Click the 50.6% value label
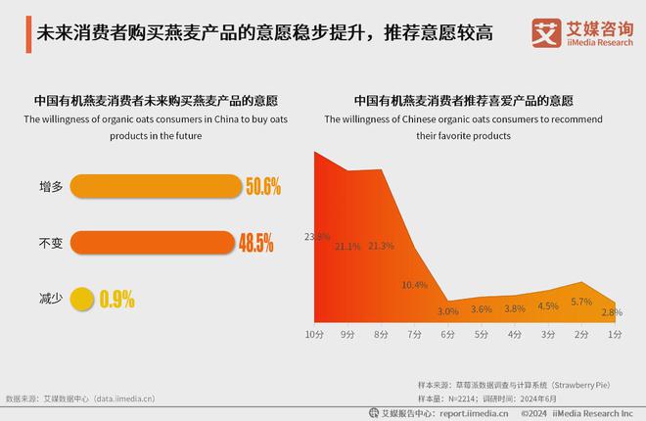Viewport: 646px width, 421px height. pos(263,185)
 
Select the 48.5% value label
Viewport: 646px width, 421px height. pos(255,241)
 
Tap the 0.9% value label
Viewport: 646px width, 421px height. pos(116,298)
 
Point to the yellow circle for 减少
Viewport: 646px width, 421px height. pos(83,298)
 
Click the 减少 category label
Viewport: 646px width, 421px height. pos(50,298)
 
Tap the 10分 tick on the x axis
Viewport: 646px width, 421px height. pos(314,336)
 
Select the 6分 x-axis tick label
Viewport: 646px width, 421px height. pos(447,336)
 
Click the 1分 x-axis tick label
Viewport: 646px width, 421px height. pos(615,336)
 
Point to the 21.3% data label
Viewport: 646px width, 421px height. pos(382,246)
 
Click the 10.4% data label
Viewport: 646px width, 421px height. pos(415,285)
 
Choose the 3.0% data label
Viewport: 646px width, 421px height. pos(448,311)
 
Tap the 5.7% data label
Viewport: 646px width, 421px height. pos(581,303)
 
